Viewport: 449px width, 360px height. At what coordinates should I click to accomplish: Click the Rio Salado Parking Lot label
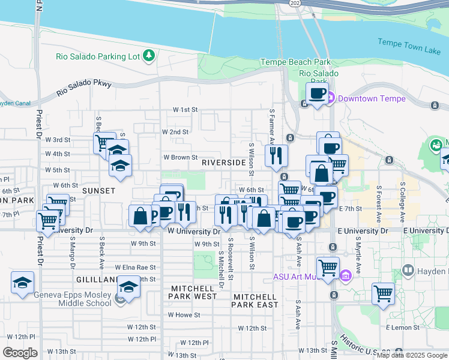point(98,56)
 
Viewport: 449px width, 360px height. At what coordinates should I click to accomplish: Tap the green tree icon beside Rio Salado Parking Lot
point(149,56)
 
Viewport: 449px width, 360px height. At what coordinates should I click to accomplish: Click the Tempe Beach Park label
point(296,62)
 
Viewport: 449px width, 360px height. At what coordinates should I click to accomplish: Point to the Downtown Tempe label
point(372,98)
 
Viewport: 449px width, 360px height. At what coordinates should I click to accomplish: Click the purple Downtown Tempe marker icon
point(329,98)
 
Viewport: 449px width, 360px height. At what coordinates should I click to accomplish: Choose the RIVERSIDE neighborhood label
point(223,163)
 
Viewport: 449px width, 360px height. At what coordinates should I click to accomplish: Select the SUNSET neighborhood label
point(98,190)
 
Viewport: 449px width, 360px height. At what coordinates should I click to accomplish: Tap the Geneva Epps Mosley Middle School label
point(73,298)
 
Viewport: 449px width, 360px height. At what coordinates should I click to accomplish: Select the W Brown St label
point(181,158)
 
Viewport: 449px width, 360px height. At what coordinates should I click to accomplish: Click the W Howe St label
point(184,314)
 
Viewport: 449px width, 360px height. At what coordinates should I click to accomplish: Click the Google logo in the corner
point(20,353)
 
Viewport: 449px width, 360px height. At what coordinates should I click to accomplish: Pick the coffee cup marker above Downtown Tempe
point(318,94)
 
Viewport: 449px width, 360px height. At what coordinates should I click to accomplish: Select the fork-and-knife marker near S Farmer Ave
point(276,156)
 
